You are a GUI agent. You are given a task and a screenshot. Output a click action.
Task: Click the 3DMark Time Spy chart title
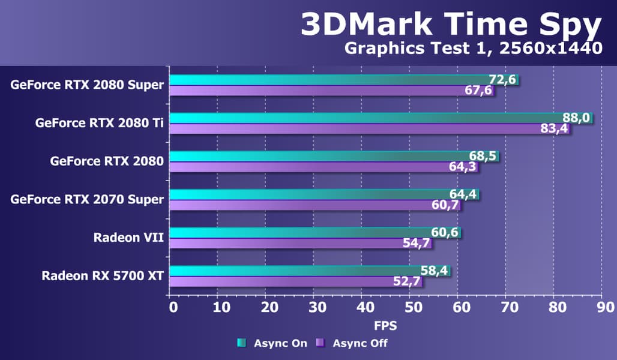coord(450,26)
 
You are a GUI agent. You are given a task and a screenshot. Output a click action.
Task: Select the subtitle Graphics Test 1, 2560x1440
coord(473,49)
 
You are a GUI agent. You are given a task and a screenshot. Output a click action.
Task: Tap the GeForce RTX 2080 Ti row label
coord(99,123)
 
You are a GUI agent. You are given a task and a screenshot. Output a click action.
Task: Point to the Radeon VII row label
coord(128,238)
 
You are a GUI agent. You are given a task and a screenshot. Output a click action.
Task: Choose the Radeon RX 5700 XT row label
coord(103,276)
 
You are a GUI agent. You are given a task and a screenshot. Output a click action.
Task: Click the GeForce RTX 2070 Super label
coord(87,199)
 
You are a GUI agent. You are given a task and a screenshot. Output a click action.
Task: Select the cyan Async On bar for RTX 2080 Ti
coord(360,118)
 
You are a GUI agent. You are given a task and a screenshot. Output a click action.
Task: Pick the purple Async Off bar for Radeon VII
coord(288,244)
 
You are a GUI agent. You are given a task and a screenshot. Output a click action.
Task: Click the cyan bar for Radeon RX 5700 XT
coord(288,271)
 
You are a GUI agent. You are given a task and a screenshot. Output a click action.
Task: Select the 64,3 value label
coord(463,167)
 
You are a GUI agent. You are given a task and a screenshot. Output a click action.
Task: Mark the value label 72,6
coord(503,80)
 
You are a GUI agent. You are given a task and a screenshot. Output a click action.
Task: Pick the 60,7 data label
coord(445,205)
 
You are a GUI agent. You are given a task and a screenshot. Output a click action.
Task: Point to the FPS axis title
coord(385,326)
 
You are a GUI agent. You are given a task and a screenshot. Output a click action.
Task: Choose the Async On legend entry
coord(272,343)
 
